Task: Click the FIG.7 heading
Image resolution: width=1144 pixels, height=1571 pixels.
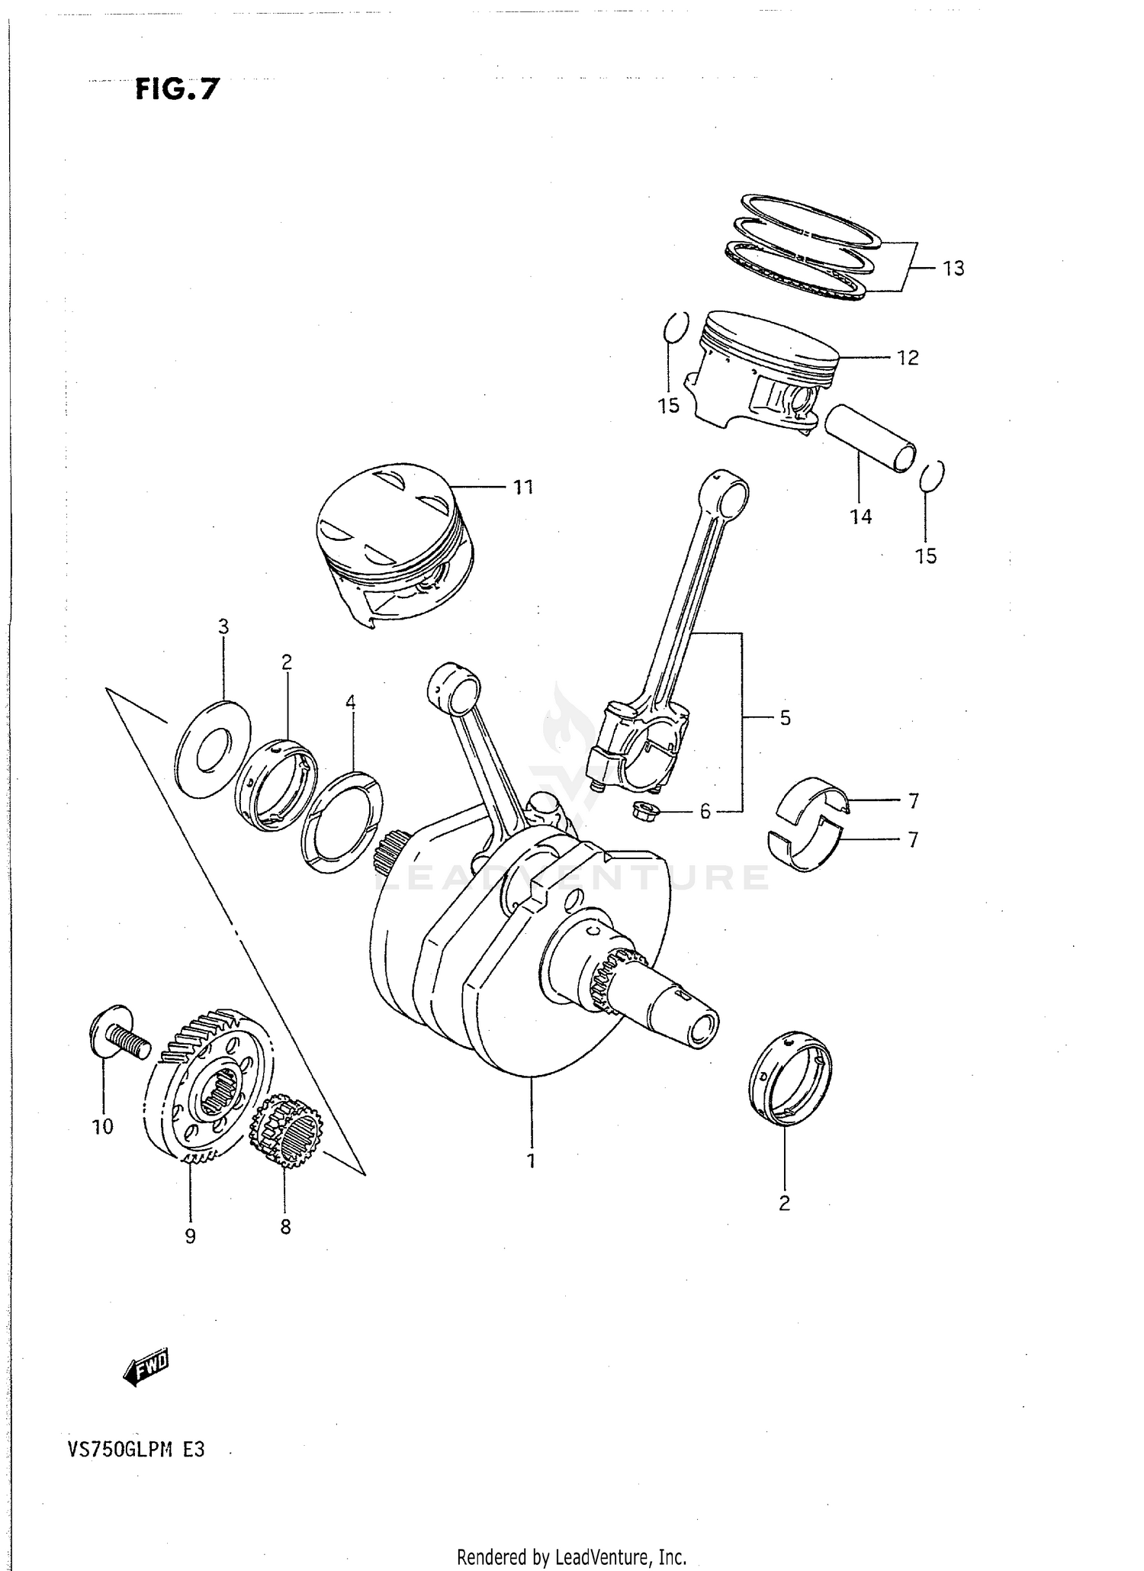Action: pos(177,90)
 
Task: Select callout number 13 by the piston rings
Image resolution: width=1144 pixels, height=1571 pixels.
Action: pos(953,269)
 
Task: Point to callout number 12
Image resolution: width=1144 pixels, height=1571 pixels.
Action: pos(908,358)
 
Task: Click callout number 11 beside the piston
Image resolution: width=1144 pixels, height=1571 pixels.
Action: pos(522,487)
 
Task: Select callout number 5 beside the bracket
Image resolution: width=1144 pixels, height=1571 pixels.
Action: pos(785,718)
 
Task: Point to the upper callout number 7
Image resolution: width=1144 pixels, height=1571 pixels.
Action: pos(913,801)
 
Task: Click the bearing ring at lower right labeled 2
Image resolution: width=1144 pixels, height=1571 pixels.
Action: pos(790,1077)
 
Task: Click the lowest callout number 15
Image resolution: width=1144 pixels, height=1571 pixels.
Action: pos(926,556)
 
